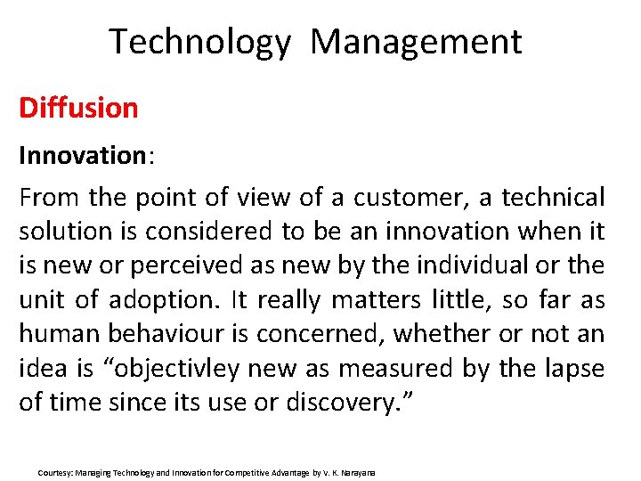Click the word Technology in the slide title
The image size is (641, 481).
click(x=199, y=42)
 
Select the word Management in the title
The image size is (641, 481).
click(x=417, y=42)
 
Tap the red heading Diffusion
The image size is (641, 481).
click(x=78, y=109)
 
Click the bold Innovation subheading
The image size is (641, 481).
click(x=84, y=156)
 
